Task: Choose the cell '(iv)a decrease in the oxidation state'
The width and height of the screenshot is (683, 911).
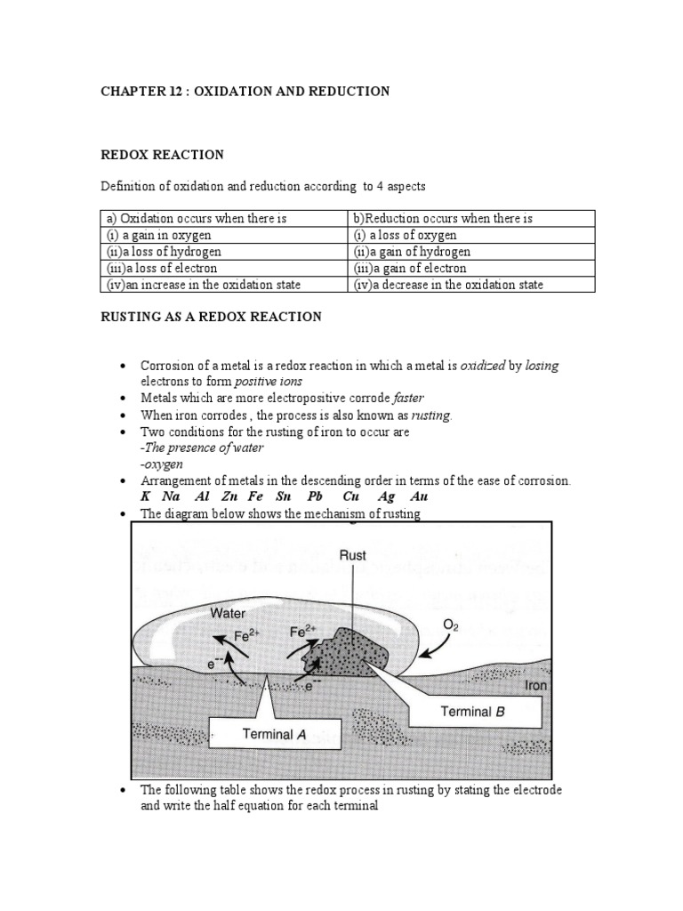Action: coord(448,285)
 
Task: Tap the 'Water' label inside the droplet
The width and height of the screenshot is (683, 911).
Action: coord(229,612)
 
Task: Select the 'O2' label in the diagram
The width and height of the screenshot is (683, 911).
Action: coord(452,625)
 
